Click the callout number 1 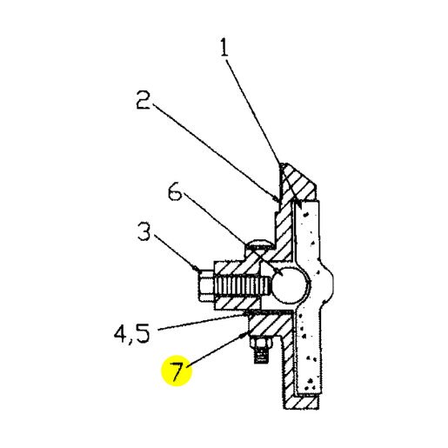coord(224,48)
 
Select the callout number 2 coord(144,100)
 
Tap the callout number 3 coord(144,231)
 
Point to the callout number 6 coord(175,191)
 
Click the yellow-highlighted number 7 coord(177,371)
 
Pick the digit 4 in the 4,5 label coord(121,333)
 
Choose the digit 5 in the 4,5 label coord(142,333)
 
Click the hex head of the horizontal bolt coord(206,285)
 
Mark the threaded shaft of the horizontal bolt coord(243,285)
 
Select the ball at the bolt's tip coord(289,285)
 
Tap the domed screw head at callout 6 coord(259,244)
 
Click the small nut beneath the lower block coord(261,343)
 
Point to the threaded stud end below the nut coord(261,356)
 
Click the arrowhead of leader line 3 coord(197,268)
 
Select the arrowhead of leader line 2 coord(277,198)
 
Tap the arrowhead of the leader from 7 coord(244,335)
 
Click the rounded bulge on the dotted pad coord(326,281)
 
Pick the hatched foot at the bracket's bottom coord(302,403)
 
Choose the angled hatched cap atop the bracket coord(298,181)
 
